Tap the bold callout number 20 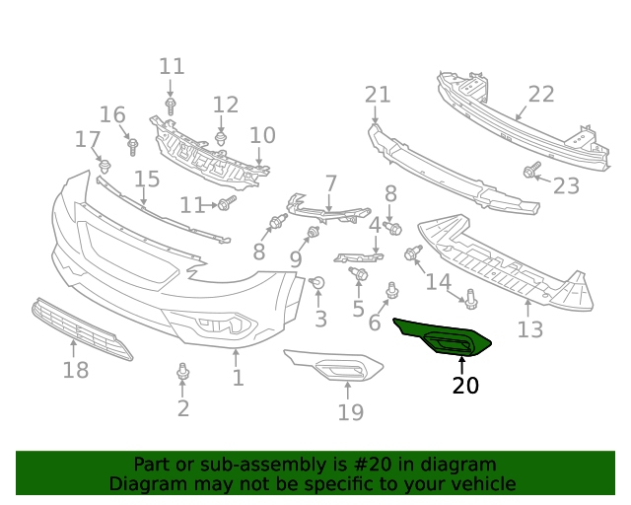click(465, 386)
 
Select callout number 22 click(541, 95)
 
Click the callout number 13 click(530, 329)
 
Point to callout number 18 click(76, 370)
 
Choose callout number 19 click(351, 411)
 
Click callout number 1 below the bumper click(238, 377)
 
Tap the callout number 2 click(183, 408)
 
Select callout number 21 click(378, 95)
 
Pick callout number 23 click(566, 185)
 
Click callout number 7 click(331, 183)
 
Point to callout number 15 click(147, 179)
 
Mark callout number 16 click(112, 114)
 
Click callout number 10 click(262, 135)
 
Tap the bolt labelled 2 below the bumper click(182, 372)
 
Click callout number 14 click(438, 282)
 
